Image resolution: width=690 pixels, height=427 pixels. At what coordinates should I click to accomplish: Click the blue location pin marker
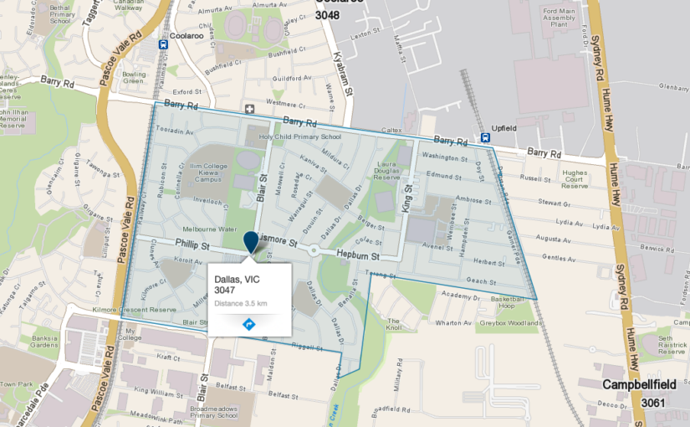coord(250,243)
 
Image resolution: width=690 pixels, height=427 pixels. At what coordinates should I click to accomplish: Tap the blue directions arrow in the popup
coord(248,324)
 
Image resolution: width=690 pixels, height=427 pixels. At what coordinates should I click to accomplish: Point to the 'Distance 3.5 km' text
coord(240,302)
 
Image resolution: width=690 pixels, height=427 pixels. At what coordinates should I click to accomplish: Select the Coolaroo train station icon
coord(163,45)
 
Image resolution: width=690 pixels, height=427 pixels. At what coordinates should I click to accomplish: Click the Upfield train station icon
coord(486,137)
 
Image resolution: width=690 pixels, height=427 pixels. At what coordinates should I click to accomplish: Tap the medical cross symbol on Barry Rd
coord(249,110)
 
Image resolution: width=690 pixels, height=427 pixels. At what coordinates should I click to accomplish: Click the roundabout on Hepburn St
coord(313,250)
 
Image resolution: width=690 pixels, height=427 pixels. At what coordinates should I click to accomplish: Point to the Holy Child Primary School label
coord(300,136)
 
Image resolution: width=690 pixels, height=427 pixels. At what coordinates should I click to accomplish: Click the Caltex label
coord(391,131)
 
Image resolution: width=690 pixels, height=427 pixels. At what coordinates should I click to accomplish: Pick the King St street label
coord(409,202)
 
